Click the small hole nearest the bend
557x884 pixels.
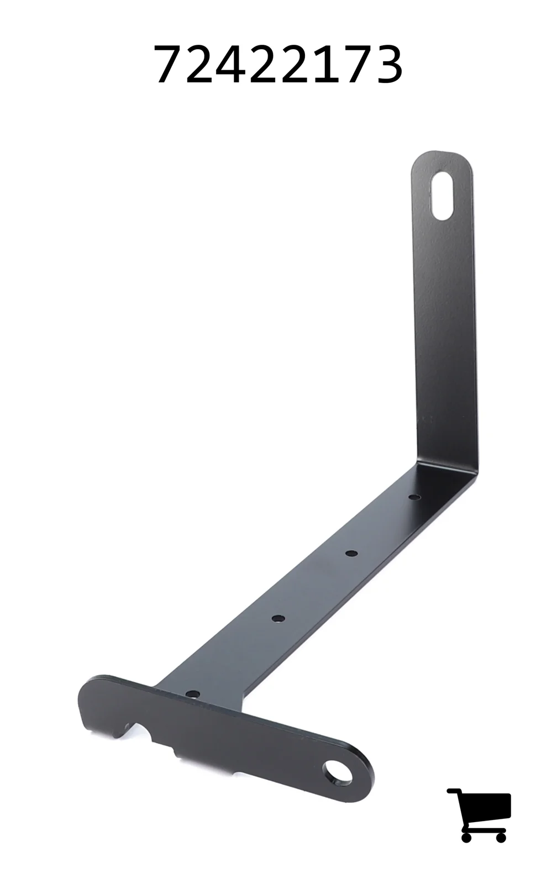click(414, 497)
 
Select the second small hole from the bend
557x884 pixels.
click(351, 553)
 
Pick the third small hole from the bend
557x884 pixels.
click(278, 618)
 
